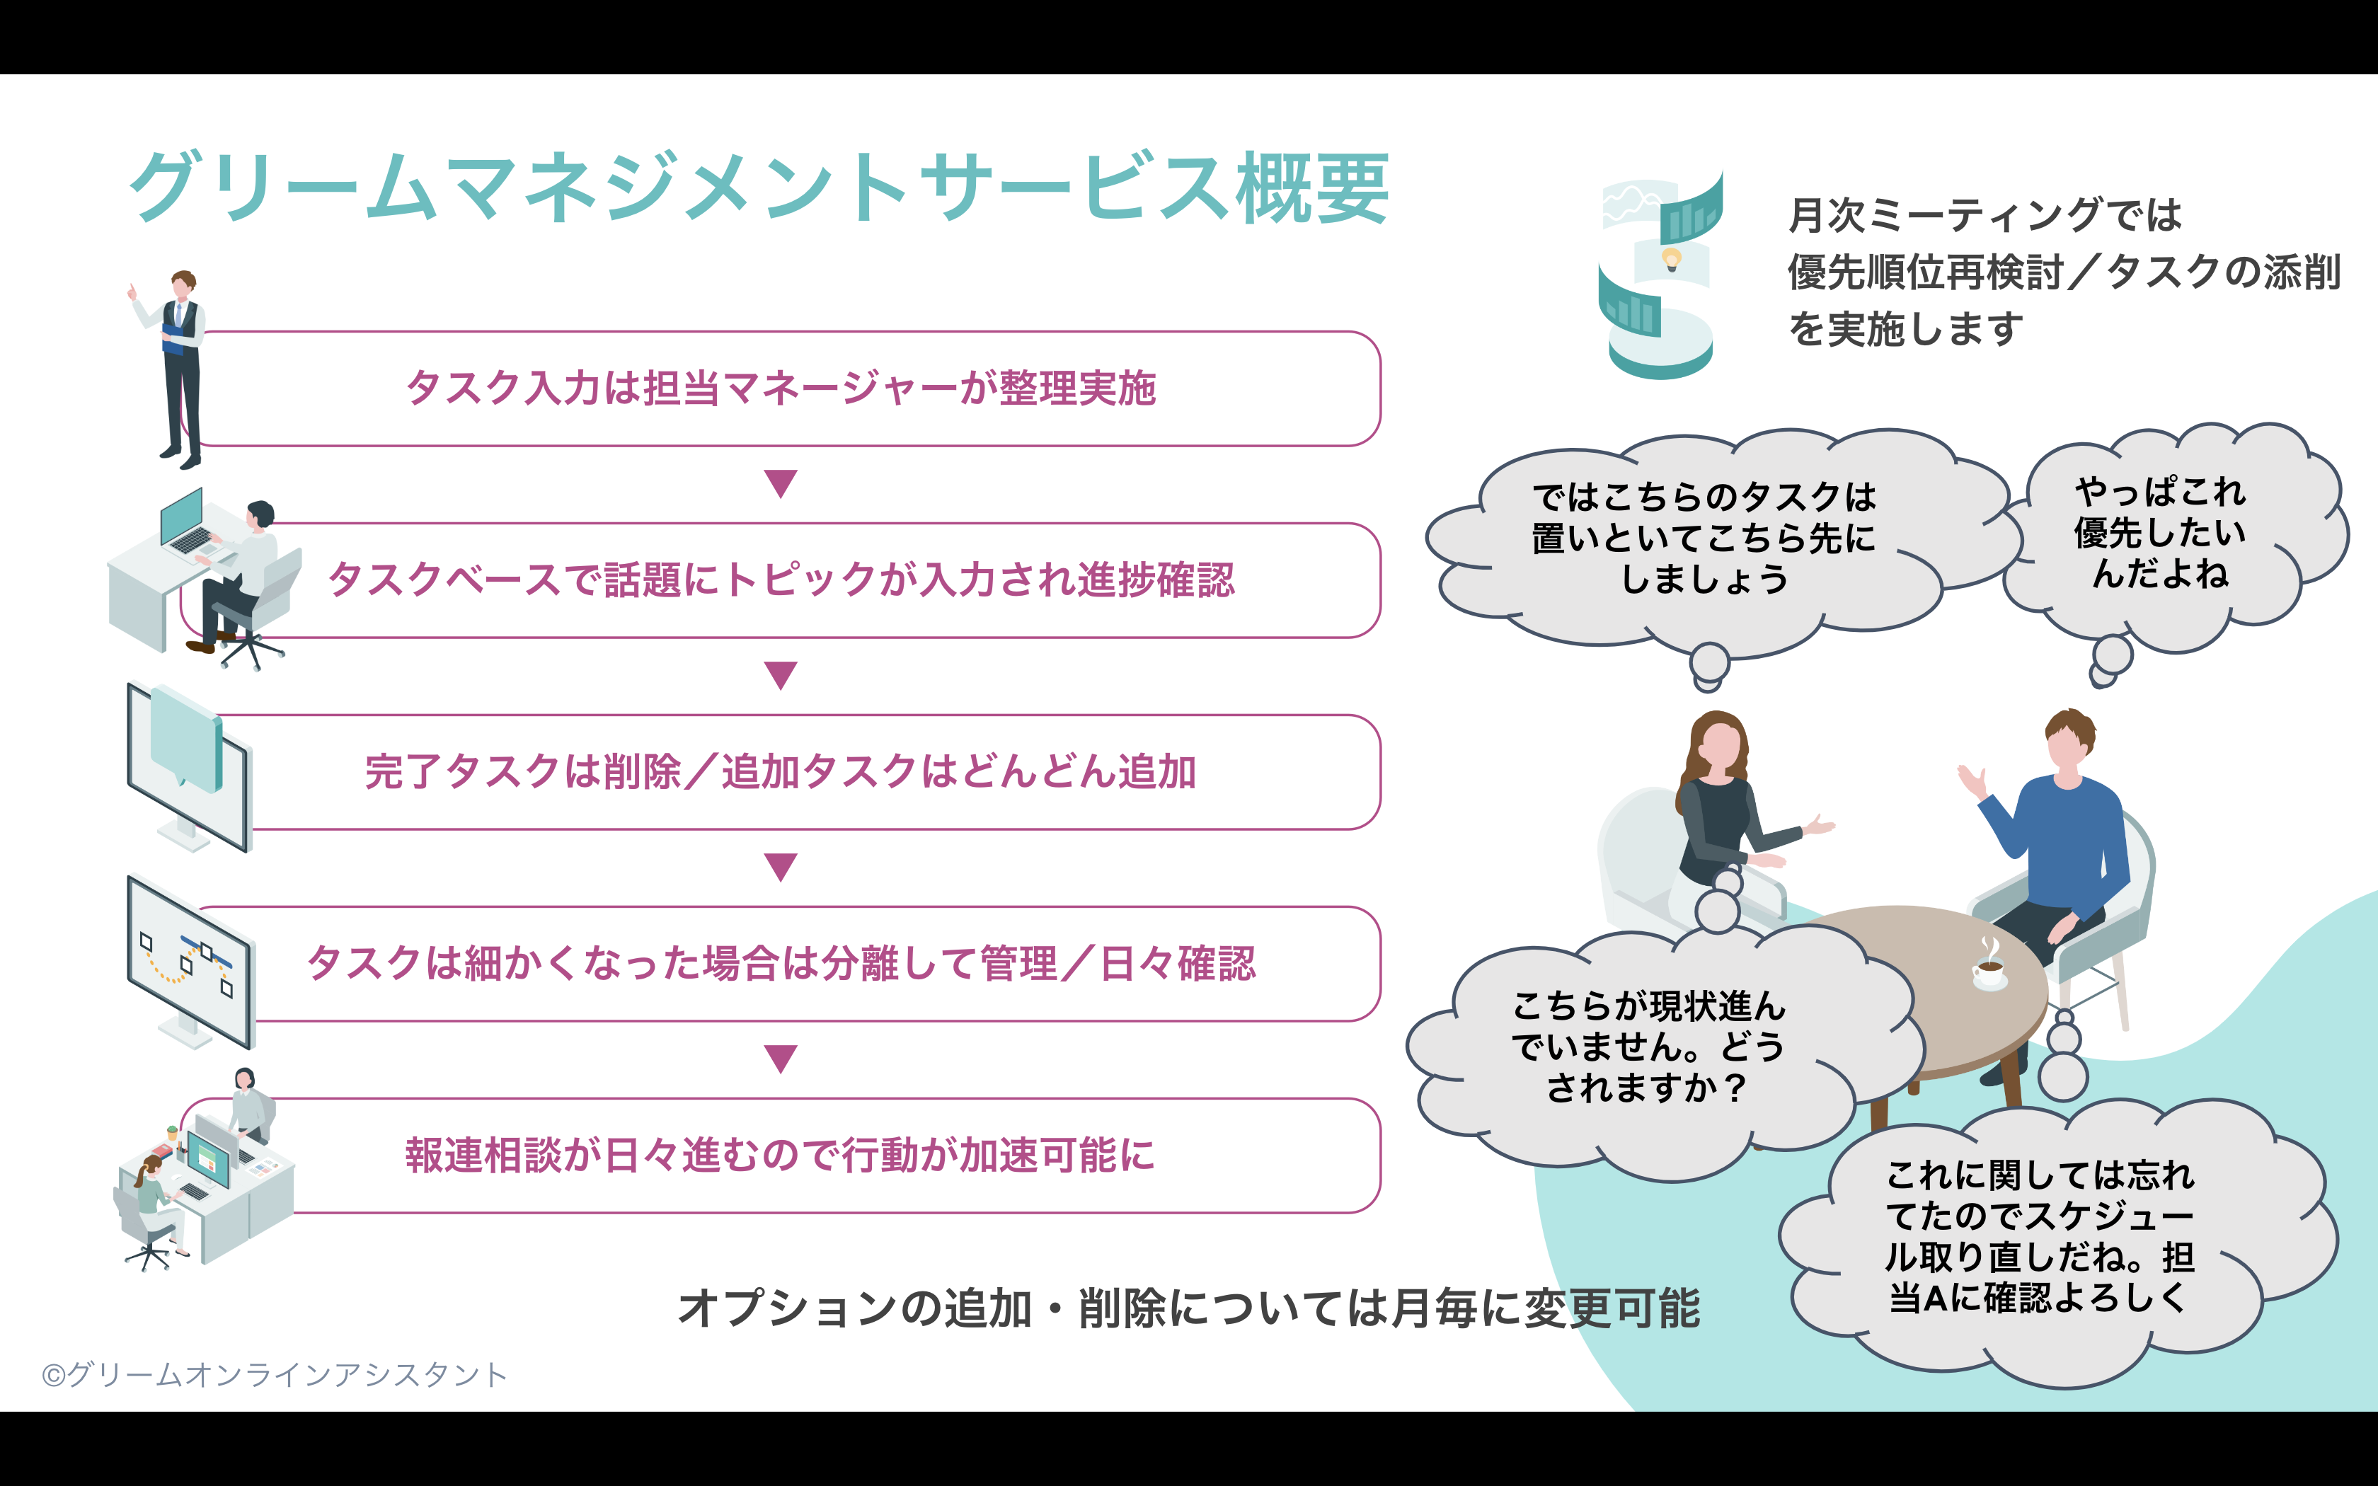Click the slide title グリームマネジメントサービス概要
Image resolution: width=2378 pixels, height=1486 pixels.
point(759,187)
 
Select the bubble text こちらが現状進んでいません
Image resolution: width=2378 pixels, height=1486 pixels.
point(1649,1026)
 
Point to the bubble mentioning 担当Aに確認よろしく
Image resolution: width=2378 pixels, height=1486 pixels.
point(2059,1243)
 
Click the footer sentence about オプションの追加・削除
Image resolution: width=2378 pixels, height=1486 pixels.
point(1189,1309)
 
